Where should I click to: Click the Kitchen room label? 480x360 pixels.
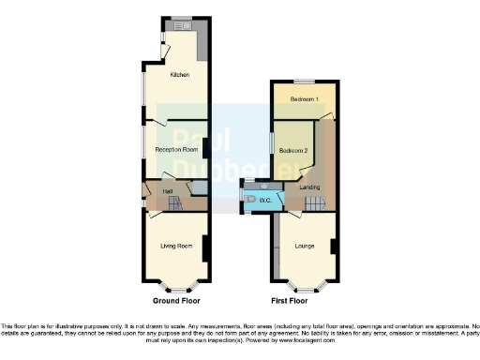pos(177,75)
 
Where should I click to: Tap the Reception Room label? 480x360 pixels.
pos(176,150)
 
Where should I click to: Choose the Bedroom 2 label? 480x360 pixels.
pos(293,150)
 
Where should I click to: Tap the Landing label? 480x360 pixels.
pos(309,187)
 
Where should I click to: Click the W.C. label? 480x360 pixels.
pos(265,200)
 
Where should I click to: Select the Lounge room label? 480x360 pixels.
pos(305,247)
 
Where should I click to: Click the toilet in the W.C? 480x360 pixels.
pos(246,198)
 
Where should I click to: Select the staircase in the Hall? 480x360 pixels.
pos(150,201)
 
